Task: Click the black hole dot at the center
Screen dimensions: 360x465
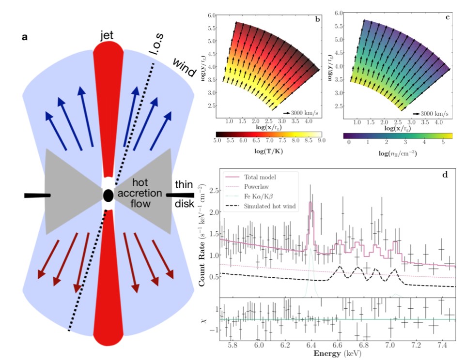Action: (108, 195)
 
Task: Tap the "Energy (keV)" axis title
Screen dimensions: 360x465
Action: (339, 355)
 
